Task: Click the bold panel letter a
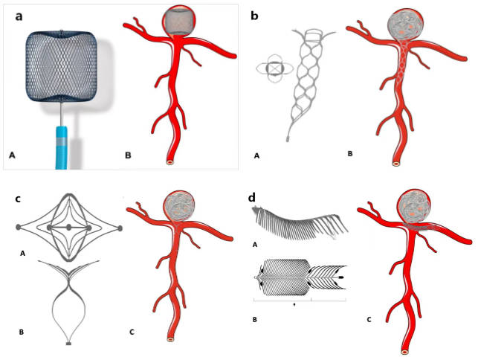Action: click(x=19, y=16)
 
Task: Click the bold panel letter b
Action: click(x=254, y=16)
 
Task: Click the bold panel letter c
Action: click(x=19, y=199)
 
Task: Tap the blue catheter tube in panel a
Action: click(x=62, y=147)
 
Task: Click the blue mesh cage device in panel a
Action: click(x=62, y=66)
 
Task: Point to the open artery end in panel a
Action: click(x=170, y=161)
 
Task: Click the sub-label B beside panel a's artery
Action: click(x=128, y=155)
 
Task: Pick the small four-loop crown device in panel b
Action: click(x=274, y=68)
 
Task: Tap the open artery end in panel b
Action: click(x=396, y=164)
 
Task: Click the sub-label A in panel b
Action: click(x=256, y=156)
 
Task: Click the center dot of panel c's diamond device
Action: click(x=69, y=228)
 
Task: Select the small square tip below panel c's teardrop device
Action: click(x=69, y=344)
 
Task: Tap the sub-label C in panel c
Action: click(x=132, y=332)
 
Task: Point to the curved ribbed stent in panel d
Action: click(x=300, y=223)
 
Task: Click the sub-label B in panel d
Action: click(x=254, y=320)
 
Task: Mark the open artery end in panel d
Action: click(x=404, y=352)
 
